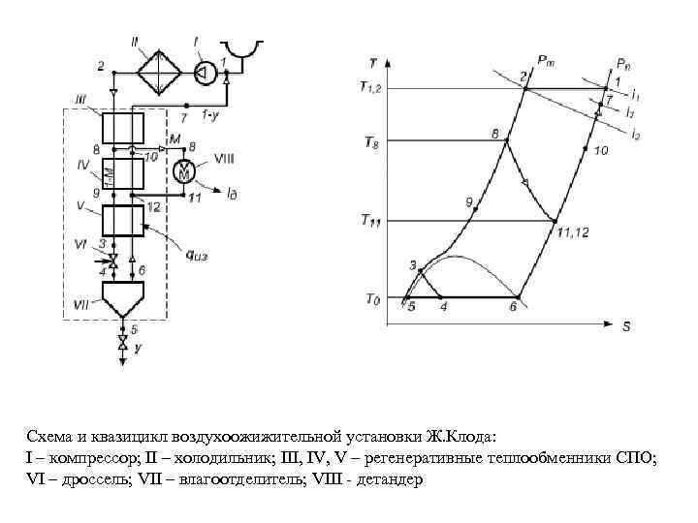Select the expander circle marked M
click(x=184, y=171)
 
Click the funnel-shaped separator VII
click(x=123, y=298)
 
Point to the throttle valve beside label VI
click(x=112, y=259)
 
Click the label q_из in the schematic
click(x=203, y=257)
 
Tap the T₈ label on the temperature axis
click(x=372, y=142)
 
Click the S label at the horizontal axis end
click(x=626, y=327)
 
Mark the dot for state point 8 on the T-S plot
click(x=504, y=142)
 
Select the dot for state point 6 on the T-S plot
click(x=518, y=297)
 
